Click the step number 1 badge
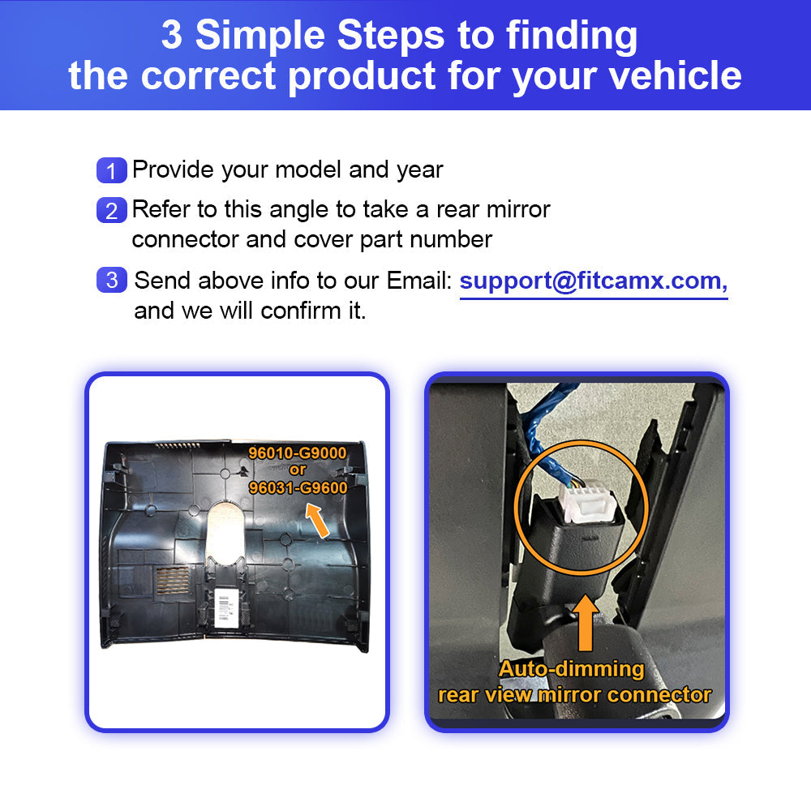tap(112, 170)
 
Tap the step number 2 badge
tap(112, 210)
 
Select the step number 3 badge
tap(112, 280)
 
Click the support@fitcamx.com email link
tap(594, 281)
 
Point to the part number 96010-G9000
tap(298, 453)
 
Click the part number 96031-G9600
tap(298, 487)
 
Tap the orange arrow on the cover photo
tap(317, 521)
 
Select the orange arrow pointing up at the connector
tap(586, 622)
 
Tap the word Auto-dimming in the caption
tap(572, 669)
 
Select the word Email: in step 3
tap(419, 281)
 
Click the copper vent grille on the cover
tap(173, 580)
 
